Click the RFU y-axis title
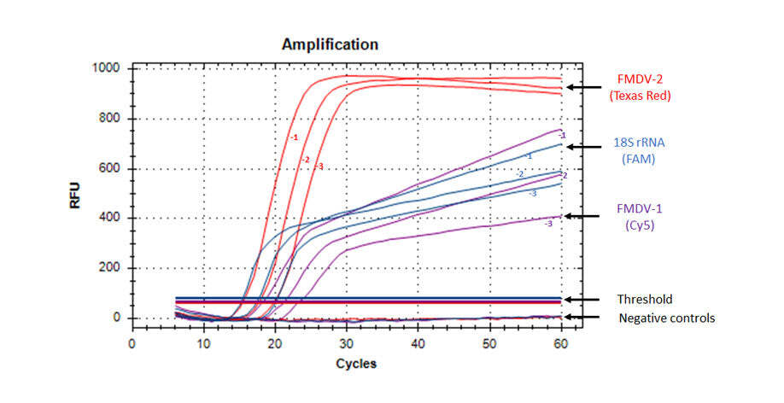(x=76, y=194)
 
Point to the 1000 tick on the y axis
(x=108, y=68)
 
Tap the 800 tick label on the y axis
(x=112, y=119)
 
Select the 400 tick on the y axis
(x=112, y=219)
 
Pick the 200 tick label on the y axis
(x=112, y=268)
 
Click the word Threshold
(x=645, y=299)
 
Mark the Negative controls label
(x=666, y=318)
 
